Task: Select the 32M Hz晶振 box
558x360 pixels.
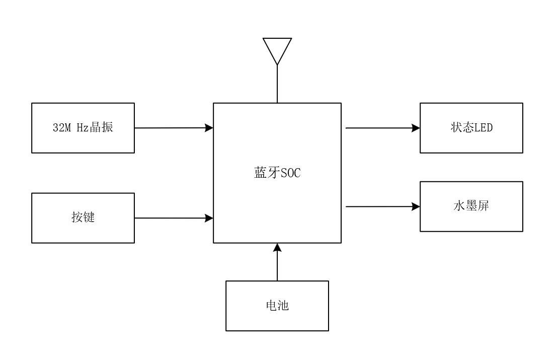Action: click(x=83, y=128)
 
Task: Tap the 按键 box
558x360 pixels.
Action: click(x=83, y=218)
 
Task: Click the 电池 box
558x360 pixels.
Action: click(x=277, y=306)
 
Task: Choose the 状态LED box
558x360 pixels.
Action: click(x=471, y=128)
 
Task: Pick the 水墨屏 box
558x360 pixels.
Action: click(x=471, y=206)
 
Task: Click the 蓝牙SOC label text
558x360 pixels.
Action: click(x=277, y=174)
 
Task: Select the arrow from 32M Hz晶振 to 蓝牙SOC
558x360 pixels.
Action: click(x=174, y=128)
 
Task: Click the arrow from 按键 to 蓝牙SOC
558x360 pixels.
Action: click(x=174, y=218)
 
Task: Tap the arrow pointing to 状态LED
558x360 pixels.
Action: click(x=382, y=128)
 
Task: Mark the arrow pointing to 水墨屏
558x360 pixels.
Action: click(x=382, y=206)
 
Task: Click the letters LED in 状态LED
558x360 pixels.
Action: click(x=484, y=128)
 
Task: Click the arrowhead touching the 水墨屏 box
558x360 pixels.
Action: click(x=416, y=206)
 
